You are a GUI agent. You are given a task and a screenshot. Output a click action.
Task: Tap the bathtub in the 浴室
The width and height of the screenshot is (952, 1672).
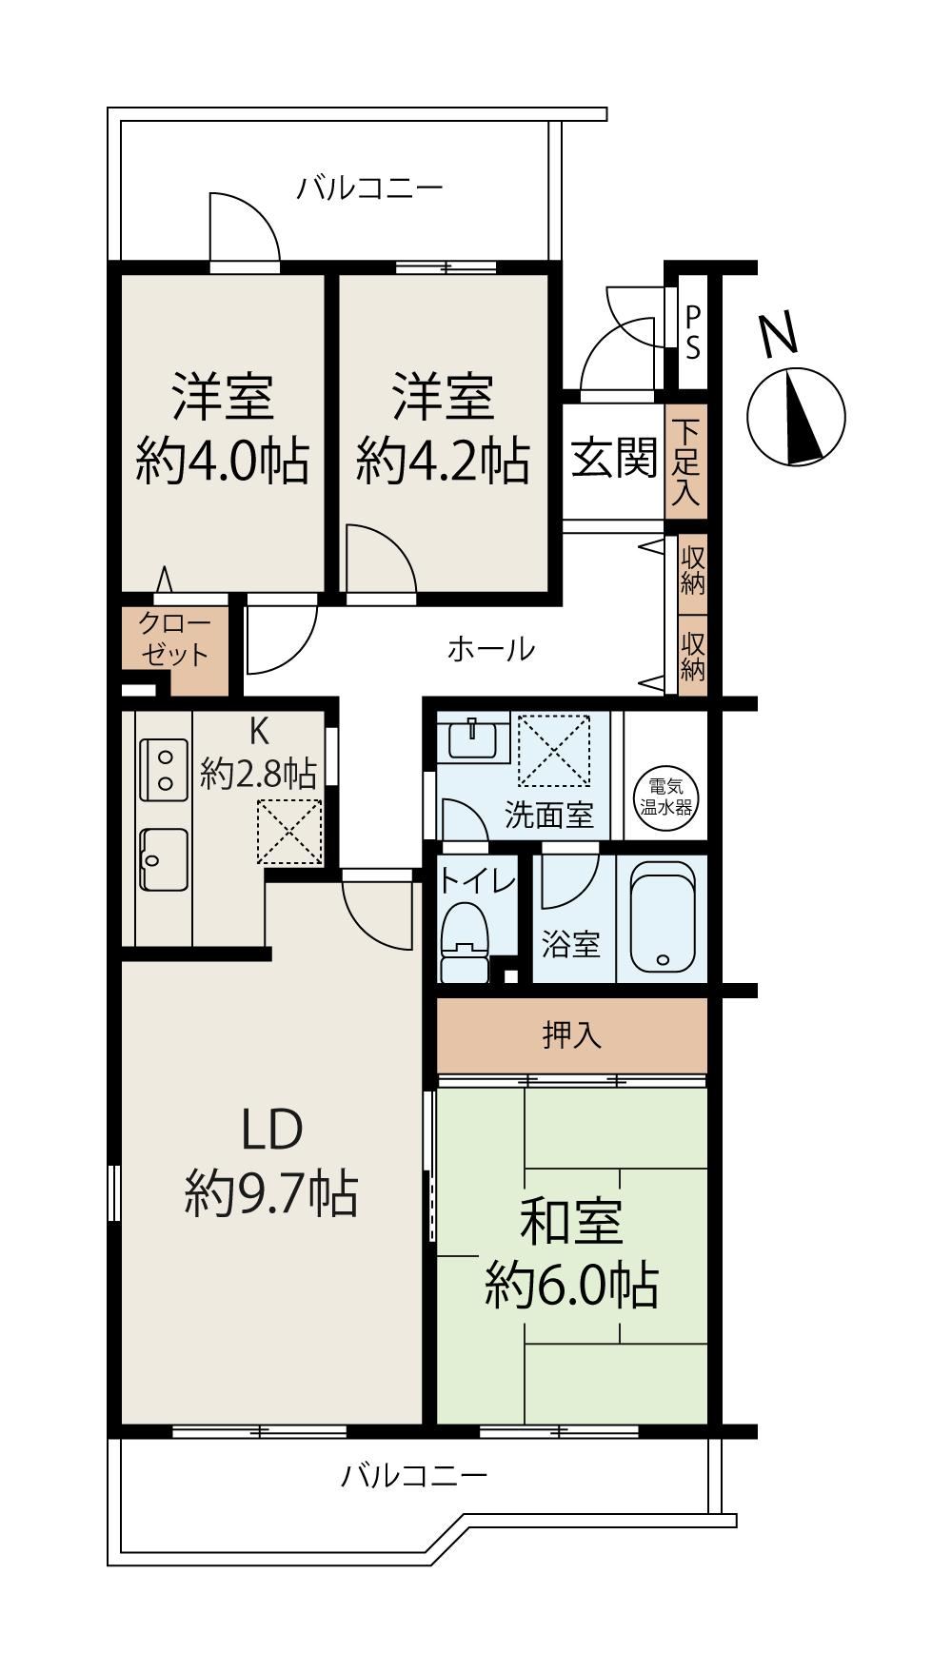click(x=662, y=917)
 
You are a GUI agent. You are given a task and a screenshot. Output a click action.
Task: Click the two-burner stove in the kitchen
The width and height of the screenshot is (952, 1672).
click(x=164, y=770)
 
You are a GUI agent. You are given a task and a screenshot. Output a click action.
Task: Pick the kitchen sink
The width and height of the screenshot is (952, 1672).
click(x=164, y=858)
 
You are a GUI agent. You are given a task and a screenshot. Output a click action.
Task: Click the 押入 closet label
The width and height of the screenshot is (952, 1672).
click(x=572, y=1034)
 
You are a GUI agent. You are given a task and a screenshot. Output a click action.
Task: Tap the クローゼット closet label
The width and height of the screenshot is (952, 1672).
click(x=174, y=639)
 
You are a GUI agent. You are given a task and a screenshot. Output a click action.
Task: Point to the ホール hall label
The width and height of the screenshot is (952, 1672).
click(x=490, y=650)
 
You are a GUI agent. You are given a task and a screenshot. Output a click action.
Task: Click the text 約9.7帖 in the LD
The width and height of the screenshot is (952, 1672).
click(x=271, y=1193)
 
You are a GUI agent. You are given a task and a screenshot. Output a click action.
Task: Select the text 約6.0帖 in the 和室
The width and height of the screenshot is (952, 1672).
click(x=571, y=1286)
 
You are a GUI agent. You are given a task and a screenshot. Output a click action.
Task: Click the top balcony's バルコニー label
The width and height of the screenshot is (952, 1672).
click(x=369, y=187)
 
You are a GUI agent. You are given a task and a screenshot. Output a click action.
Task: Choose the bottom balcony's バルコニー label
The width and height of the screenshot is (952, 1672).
click(x=414, y=1476)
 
